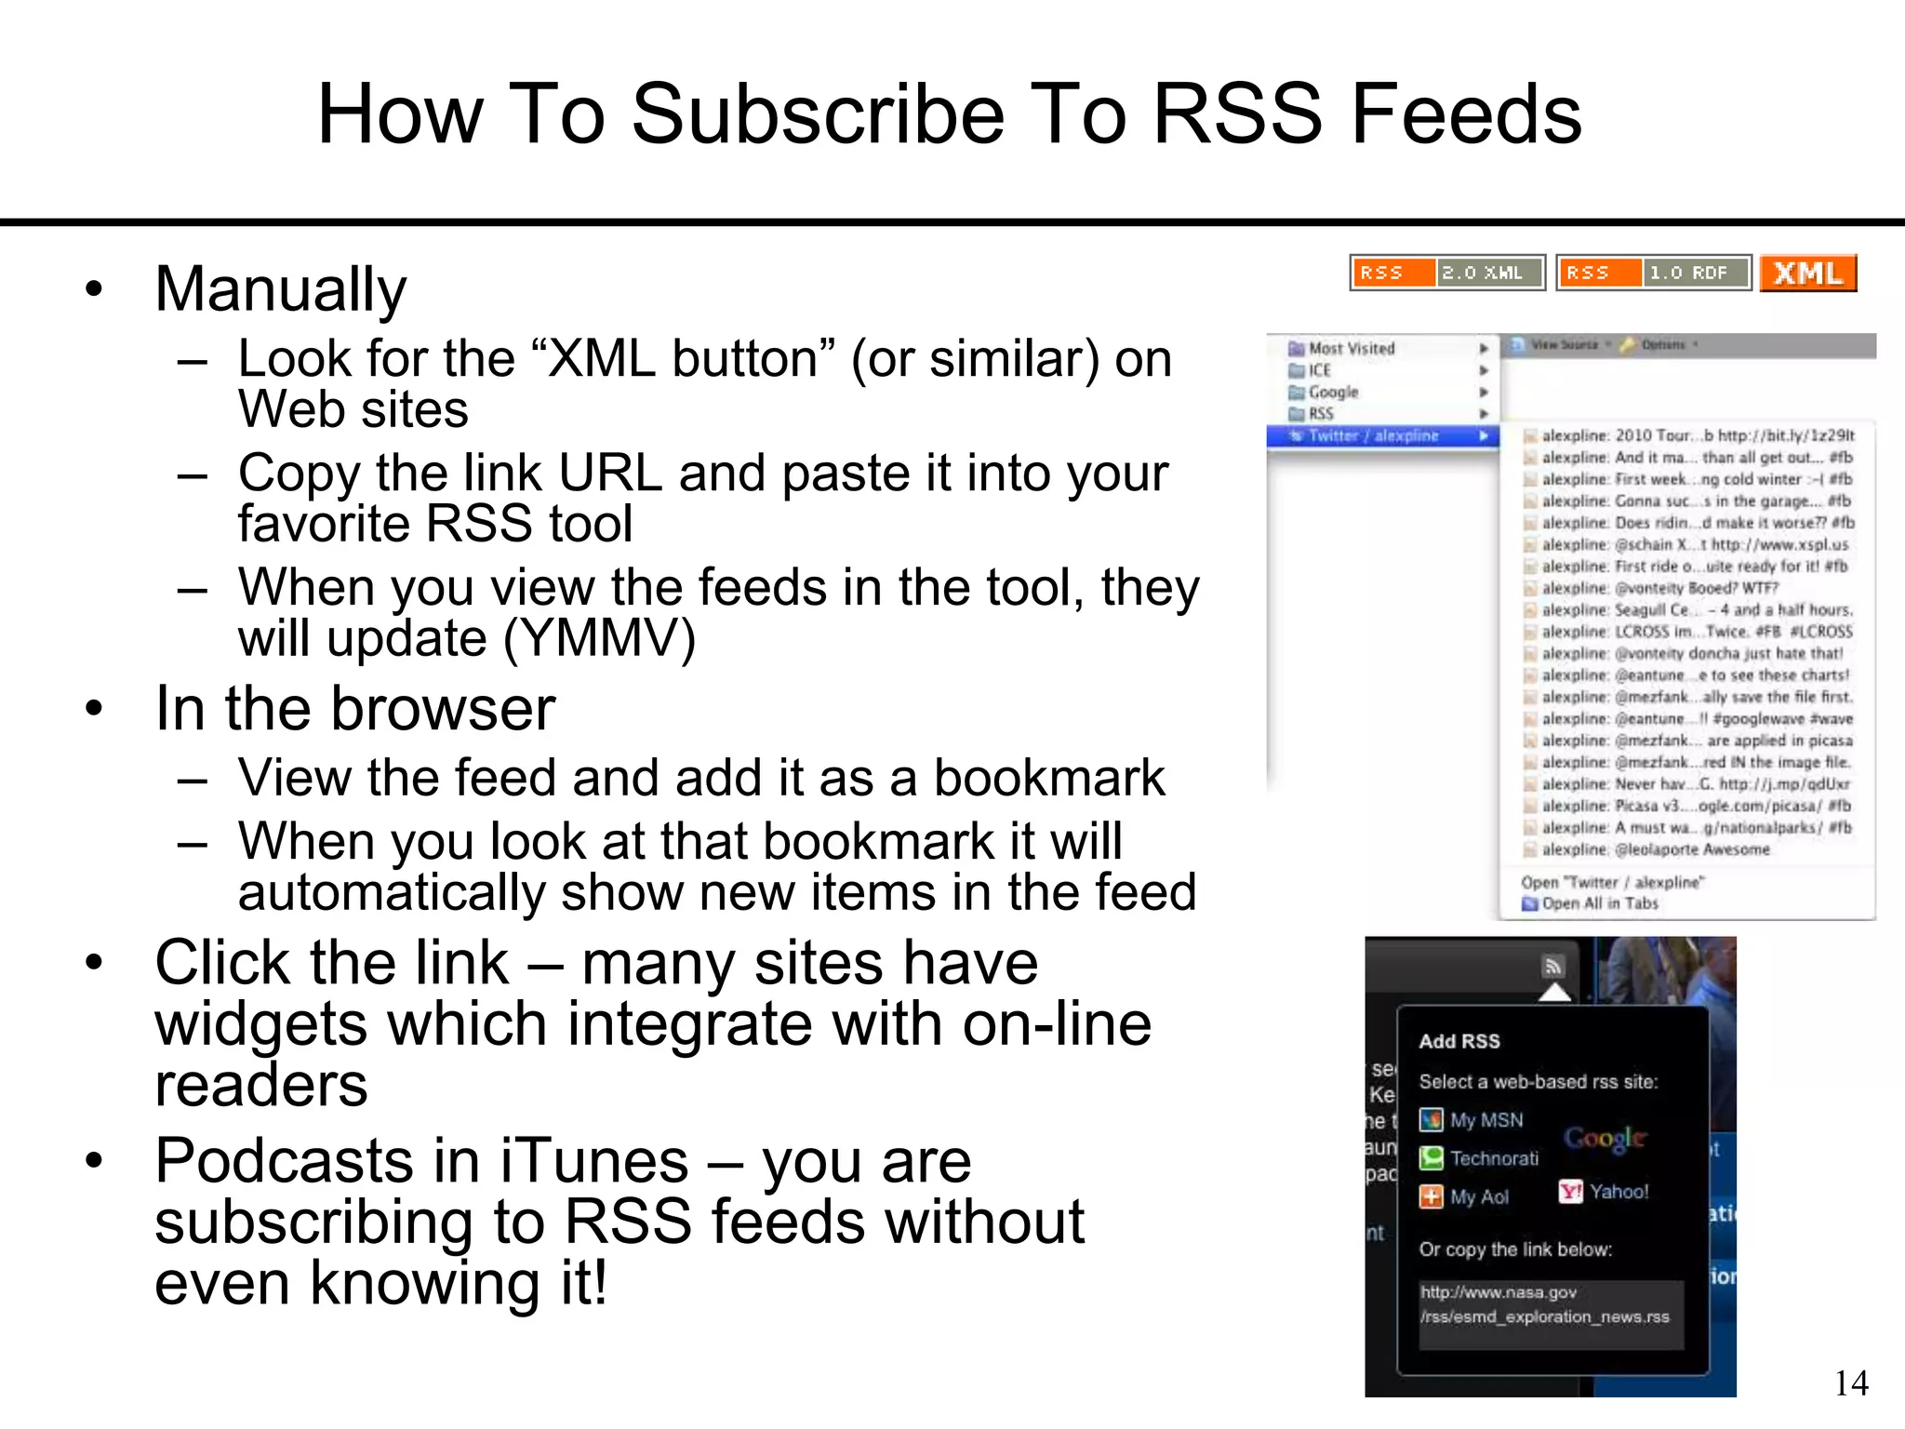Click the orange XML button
1807,274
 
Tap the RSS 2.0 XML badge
1447,273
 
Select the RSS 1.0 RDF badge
1654,273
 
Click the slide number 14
1851,1383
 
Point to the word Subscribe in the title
818,114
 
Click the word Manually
281,289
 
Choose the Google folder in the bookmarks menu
1332,392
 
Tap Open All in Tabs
1598,903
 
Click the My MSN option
1485,1120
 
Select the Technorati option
1493,1158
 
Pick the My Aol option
1478,1197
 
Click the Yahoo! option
1618,1192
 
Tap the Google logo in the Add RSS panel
1605,1138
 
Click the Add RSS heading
1459,1042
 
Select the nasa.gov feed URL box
1551,1304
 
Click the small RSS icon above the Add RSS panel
1552,967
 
